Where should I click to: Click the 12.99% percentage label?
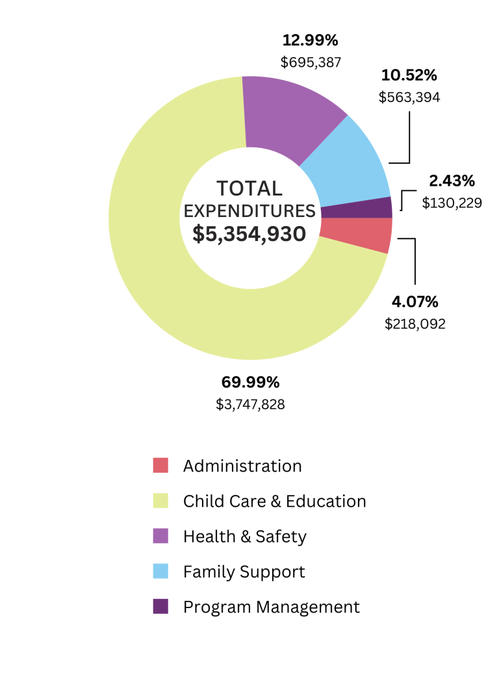(x=310, y=40)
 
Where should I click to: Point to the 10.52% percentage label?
(x=409, y=75)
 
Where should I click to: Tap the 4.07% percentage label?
(x=415, y=301)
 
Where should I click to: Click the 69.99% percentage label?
(x=250, y=382)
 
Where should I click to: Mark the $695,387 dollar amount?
(x=311, y=62)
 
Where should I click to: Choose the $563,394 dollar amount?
(x=409, y=97)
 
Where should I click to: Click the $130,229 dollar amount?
(x=452, y=203)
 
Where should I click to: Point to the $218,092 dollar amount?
(x=415, y=324)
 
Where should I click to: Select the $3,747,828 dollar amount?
(x=250, y=404)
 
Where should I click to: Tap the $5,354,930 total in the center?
(x=249, y=233)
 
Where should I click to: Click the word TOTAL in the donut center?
(x=249, y=188)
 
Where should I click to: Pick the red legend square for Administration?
(x=160, y=465)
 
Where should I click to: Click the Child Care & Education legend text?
(x=274, y=502)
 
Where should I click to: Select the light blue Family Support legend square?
(x=160, y=571)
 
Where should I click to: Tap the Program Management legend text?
(x=271, y=607)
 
